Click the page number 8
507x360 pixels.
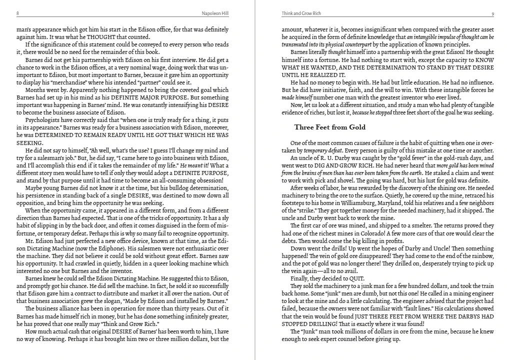click(17, 13)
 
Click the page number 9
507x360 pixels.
click(492, 13)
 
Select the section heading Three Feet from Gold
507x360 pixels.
click(330, 127)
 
